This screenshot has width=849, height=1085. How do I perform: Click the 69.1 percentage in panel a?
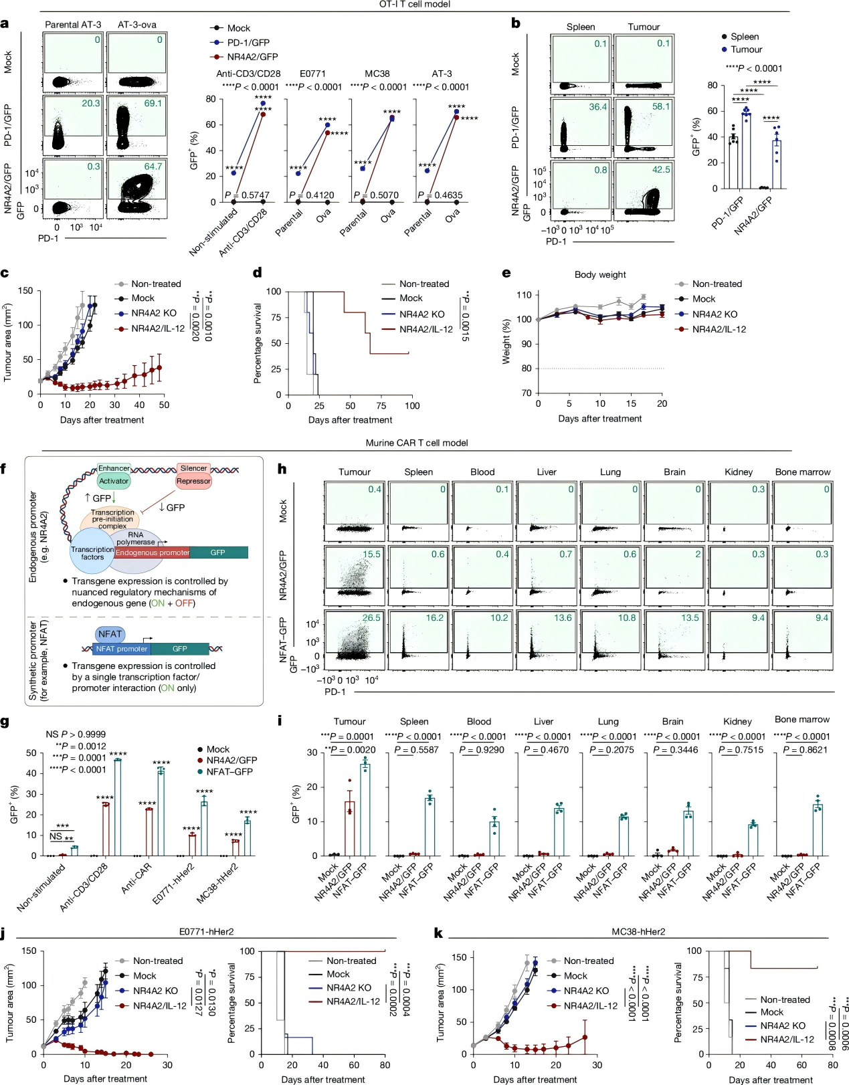point(153,104)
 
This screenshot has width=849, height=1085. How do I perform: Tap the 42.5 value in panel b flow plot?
point(660,170)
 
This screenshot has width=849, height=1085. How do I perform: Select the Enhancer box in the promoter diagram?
point(114,468)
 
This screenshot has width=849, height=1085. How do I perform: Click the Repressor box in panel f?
point(193,481)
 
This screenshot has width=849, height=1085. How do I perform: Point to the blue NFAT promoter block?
point(121,649)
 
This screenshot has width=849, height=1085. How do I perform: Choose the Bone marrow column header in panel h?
point(802,472)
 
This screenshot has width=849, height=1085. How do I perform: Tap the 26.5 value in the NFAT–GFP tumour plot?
point(371,618)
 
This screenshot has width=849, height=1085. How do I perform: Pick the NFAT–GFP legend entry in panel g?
point(229,772)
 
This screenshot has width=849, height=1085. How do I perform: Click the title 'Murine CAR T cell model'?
point(416,443)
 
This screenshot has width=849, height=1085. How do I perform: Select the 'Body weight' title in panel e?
point(600,275)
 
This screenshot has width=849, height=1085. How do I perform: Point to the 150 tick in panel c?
point(25,291)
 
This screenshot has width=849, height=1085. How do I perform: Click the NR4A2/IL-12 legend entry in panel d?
point(426,329)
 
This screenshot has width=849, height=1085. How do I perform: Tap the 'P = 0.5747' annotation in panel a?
point(247,195)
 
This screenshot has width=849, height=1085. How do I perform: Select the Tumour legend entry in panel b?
point(746,50)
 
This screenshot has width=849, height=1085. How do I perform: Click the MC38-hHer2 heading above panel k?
point(638,931)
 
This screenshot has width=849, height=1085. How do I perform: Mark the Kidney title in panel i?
point(737,722)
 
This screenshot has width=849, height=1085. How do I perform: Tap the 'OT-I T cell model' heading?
point(415,5)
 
